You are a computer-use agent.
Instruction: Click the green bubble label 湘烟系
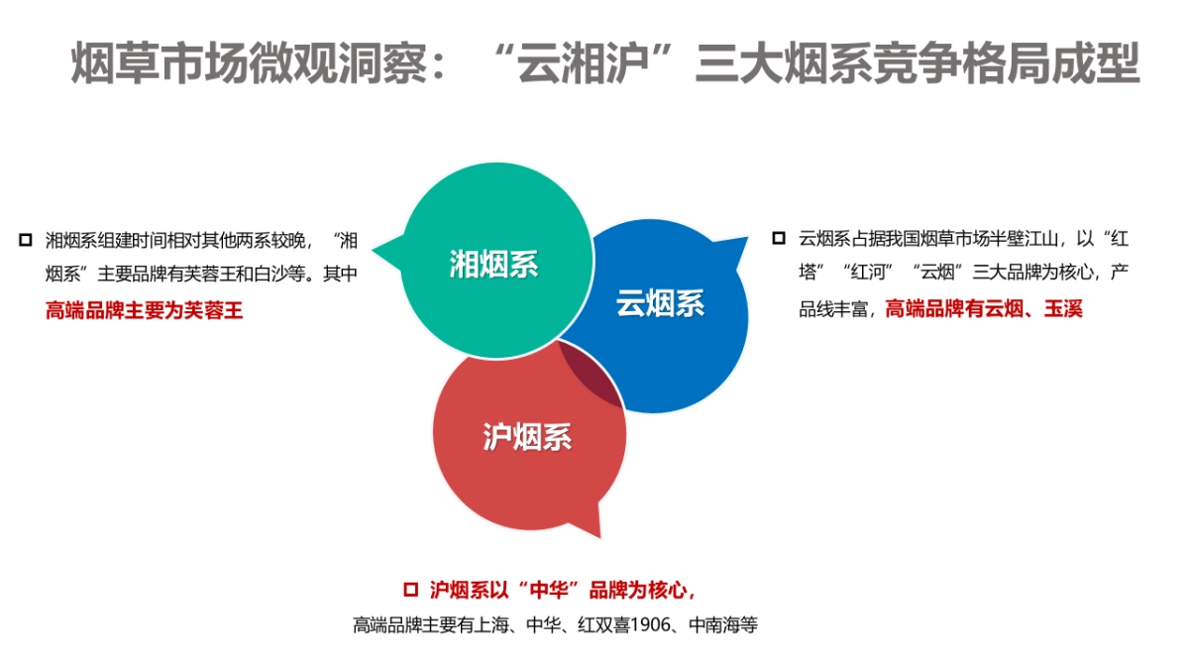tap(492, 265)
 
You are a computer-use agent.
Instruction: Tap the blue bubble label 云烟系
tap(660, 303)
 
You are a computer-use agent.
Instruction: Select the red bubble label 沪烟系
tap(527, 436)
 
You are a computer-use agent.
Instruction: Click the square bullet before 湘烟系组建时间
tap(25, 240)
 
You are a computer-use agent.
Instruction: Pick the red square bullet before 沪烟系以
tap(411, 590)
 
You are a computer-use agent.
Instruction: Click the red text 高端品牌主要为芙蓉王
tap(144, 309)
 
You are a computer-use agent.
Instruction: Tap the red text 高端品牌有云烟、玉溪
tap(983, 309)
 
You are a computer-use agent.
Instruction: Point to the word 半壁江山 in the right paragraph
tap(1025, 239)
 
